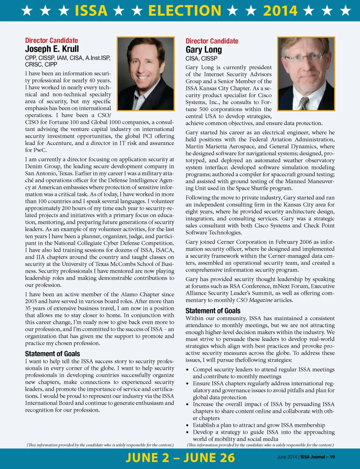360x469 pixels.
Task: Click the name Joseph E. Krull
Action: pos(52,49)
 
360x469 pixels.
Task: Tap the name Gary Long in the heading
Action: pos(204,50)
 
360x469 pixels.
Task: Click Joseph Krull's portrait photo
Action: pos(145,73)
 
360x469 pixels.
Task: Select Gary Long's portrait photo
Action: pos(306,73)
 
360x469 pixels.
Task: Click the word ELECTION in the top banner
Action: pos(184,10)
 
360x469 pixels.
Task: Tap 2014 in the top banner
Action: pos(280,10)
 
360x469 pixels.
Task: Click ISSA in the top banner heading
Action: pos(91,10)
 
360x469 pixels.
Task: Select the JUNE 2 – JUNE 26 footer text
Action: pos(180,458)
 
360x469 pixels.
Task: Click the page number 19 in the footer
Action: pos(332,457)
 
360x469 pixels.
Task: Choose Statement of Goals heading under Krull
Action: pos(52,354)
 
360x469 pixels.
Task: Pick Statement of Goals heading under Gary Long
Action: pos(213,311)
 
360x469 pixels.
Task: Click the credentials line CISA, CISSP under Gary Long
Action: pos(201,58)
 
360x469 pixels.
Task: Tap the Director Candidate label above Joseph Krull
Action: pos(51,40)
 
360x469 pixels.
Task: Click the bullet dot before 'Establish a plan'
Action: pos(187,426)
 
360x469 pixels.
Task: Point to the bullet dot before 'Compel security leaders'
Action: pos(187,370)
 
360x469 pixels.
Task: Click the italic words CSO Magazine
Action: pos(254,300)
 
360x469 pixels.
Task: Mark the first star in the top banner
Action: pos(27,10)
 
